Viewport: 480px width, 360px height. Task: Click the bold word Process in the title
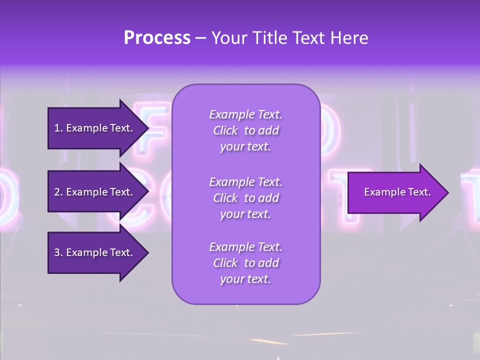(x=157, y=38)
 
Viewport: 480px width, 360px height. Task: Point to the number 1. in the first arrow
(x=58, y=128)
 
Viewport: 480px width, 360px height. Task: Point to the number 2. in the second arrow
(x=58, y=192)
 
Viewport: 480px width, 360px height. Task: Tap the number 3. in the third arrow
(x=58, y=252)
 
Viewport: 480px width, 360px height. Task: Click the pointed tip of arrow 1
(x=145, y=128)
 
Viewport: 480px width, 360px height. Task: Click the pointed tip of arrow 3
(x=145, y=252)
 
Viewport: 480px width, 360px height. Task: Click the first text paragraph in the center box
(x=245, y=130)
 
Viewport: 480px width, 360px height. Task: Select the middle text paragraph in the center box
(x=245, y=198)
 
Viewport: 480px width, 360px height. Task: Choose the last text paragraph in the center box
(x=245, y=263)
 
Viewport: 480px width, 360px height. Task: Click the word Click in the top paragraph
(x=225, y=130)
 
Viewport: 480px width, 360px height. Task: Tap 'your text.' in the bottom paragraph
(x=245, y=279)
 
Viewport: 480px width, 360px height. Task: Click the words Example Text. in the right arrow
(x=397, y=192)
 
